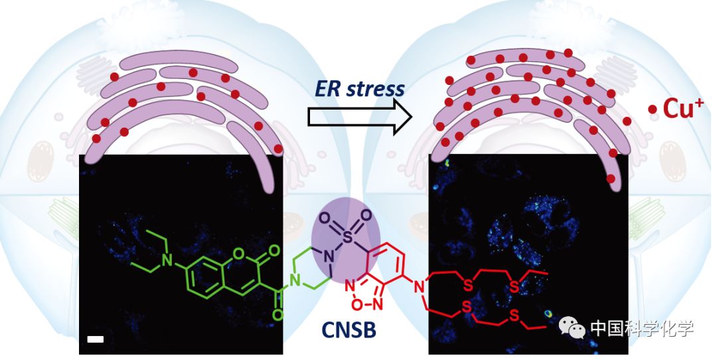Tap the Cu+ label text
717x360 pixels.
tap(683, 110)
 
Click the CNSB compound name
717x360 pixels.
tap(350, 330)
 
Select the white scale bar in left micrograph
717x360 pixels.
tap(94, 340)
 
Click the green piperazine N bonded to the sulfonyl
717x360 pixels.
tap(327, 256)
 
